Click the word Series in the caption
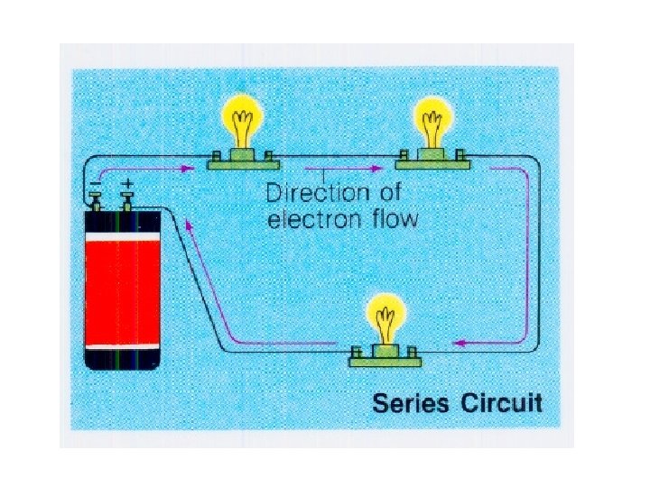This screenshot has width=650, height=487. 411,402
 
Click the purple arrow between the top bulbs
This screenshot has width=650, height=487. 340,169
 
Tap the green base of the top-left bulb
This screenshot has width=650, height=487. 243,162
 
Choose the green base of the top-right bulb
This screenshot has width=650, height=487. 431,162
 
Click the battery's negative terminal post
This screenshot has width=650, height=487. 95,199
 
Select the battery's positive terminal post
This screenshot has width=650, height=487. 127,199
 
